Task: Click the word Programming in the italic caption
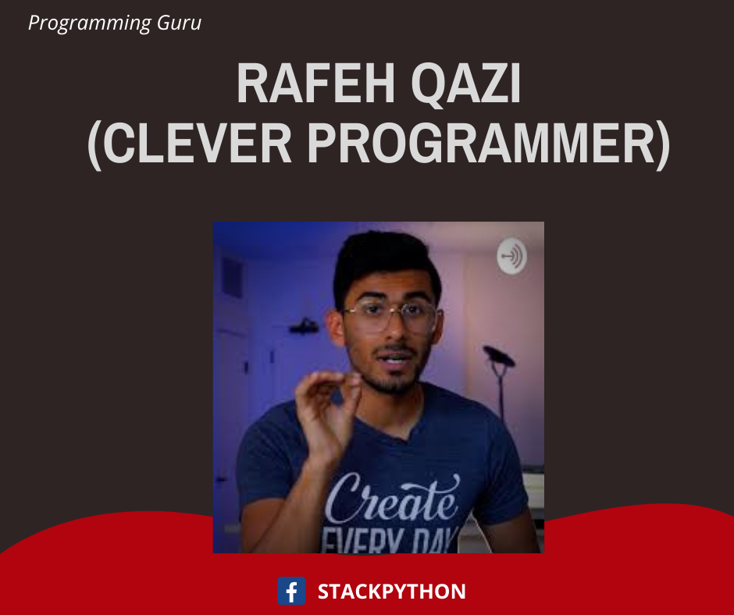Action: (x=89, y=23)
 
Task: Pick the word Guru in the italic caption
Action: (x=179, y=23)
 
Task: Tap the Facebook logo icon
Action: (x=291, y=591)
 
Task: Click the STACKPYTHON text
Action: (x=392, y=591)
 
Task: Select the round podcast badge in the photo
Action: (x=511, y=255)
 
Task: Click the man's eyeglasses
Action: (x=392, y=314)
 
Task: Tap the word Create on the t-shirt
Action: (x=392, y=499)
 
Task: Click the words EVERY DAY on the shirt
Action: (x=390, y=541)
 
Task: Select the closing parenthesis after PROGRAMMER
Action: (x=663, y=144)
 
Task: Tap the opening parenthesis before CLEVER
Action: (x=94, y=144)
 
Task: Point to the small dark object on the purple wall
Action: (x=304, y=325)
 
